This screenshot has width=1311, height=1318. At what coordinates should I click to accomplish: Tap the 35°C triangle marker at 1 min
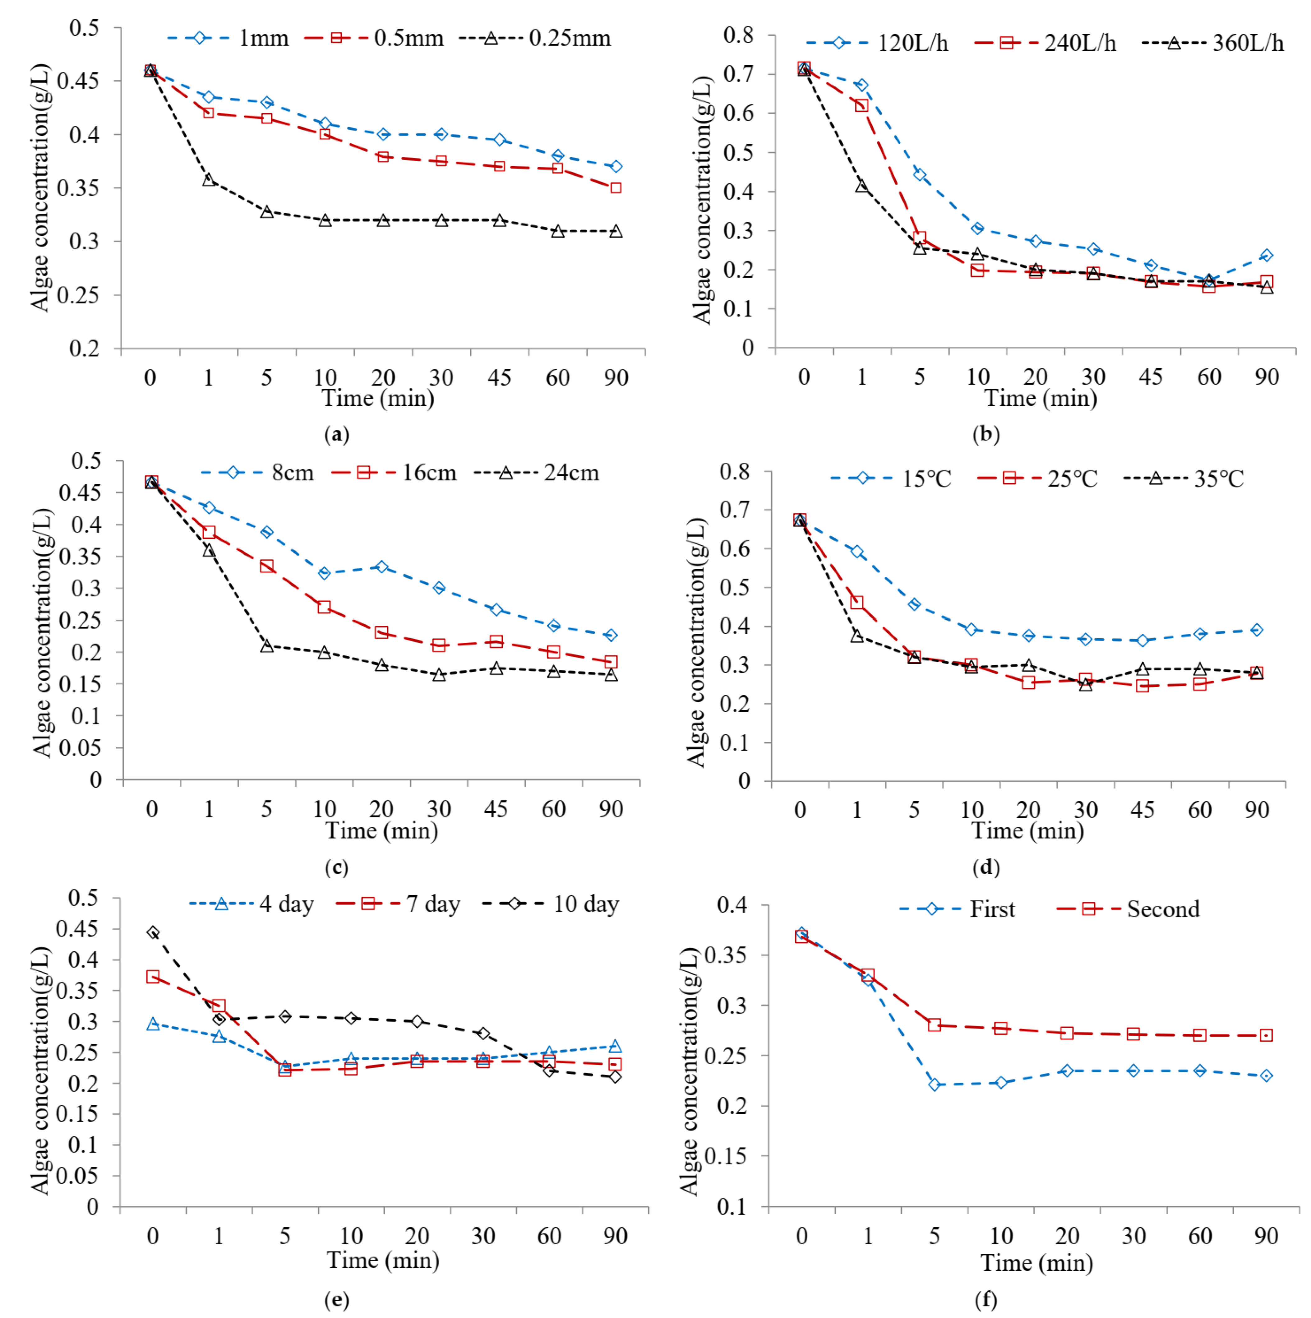(857, 636)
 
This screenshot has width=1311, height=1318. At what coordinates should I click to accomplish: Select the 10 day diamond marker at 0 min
(153, 932)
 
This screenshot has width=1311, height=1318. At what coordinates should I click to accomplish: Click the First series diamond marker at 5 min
(935, 1084)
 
